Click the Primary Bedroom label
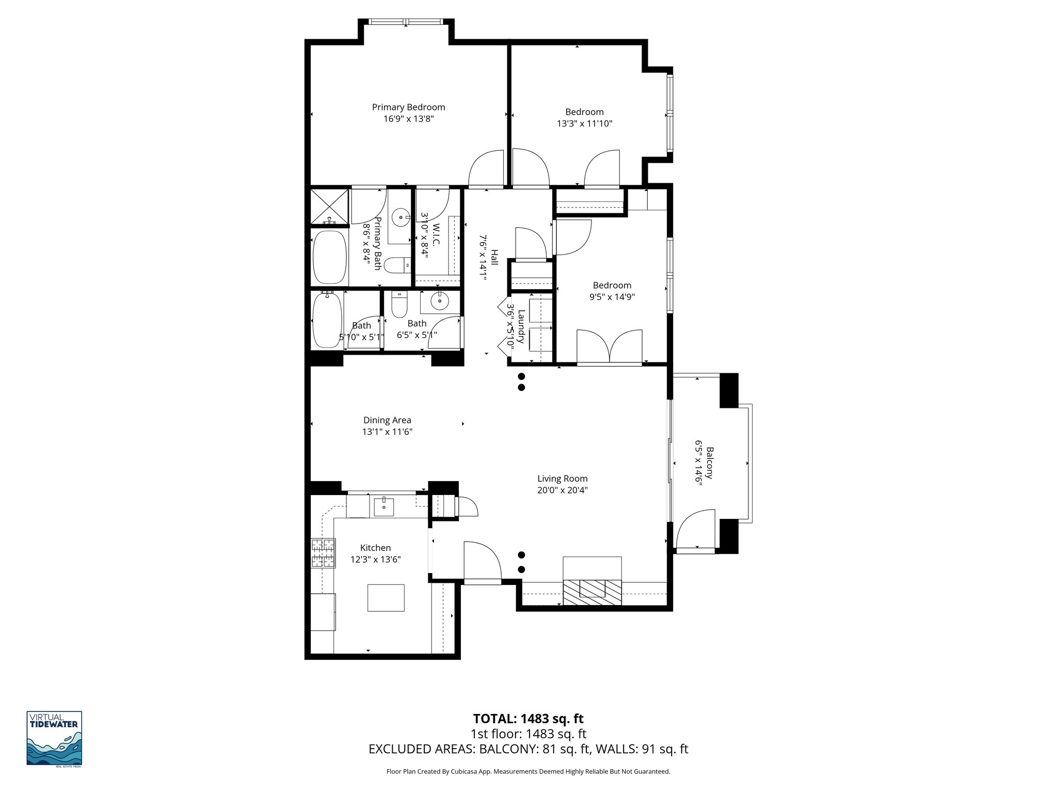pos(408,107)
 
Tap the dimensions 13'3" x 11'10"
pos(584,123)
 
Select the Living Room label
pos(562,479)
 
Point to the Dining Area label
pos(387,420)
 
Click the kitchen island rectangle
pos(386,597)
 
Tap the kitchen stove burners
pos(323,553)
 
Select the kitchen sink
pos(383,506)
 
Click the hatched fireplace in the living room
pos(592,592)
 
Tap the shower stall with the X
pos(330,207)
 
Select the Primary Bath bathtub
pos(329,257)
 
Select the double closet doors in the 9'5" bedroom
pos(610,347)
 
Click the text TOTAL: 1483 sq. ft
pos(528,718)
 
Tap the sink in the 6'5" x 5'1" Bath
pos(440,301)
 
